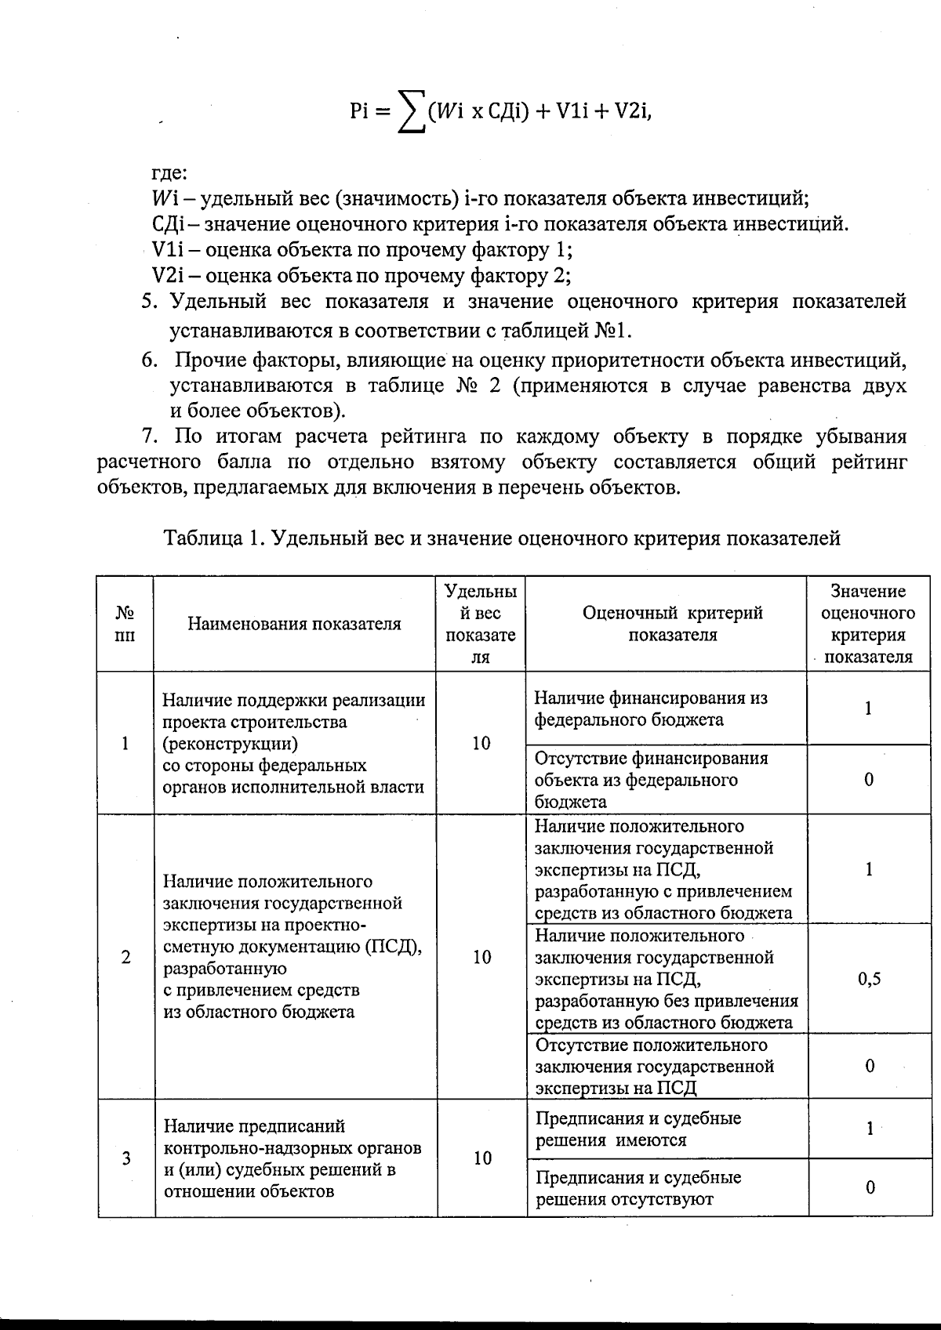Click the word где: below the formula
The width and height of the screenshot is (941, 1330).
pos(169,172)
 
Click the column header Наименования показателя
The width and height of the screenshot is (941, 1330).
pos(294,624)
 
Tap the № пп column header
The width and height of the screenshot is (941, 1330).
pos(125,624)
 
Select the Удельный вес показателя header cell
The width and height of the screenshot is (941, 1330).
pos(481,624)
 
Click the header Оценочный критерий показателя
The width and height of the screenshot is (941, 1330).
pos(672,624)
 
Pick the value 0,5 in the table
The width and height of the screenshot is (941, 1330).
pos(869,979)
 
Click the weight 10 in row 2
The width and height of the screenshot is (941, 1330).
pos(481,957)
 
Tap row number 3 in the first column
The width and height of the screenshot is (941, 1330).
pos(125,1158)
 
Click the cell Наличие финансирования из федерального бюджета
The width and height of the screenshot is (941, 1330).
pos(651,708)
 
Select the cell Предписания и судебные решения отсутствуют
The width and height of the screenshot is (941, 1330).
pos(638,1188)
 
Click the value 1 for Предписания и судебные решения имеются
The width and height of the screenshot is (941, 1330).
pos(870,1129)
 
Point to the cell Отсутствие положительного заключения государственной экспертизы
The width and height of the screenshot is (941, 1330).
pos(654,1067)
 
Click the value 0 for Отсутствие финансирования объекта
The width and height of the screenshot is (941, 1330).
pos(869,780)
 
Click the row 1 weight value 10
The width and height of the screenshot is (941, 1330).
pos(481,743)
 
